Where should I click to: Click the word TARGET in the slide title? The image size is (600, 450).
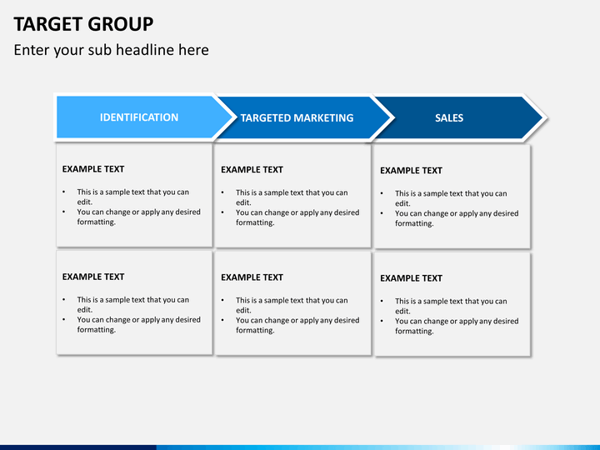(45, 23)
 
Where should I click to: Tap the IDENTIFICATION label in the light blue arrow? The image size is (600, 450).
(139, 117)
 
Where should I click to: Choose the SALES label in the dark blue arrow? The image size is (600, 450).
(449, 118)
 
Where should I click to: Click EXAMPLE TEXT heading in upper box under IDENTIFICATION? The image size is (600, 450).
(93, 169)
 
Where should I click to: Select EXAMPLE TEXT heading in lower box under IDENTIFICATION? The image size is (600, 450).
(93, 277)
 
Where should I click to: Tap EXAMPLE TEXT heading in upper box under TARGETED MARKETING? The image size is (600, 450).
(252, 170)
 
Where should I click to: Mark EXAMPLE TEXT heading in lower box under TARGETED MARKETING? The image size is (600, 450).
(252, 277)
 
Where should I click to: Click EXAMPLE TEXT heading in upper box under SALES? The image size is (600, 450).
(411, 171)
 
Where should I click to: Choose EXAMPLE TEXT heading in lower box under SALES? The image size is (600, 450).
(411, 278)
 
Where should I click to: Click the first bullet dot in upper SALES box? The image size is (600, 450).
(382, 194)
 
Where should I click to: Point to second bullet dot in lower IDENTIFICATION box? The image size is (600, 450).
(64, 320)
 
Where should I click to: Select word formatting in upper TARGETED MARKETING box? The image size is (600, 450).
(255, 222)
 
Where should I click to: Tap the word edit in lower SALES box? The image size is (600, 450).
(402, 312)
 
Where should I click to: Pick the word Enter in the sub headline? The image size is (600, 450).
(32, 50)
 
